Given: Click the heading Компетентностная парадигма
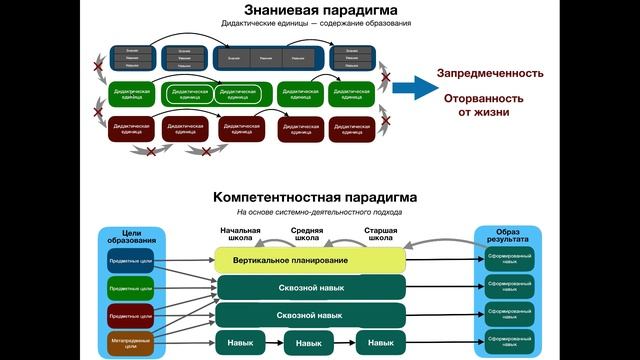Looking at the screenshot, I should (319, 197).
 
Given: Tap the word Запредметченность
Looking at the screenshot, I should (490, 73).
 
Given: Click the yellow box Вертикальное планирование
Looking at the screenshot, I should (310, 261).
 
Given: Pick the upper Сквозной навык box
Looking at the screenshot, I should (310, 288).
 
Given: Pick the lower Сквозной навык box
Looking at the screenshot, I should (310, 315).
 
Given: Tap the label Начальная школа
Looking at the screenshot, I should (240, 235).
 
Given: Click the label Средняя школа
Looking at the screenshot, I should (307, 235).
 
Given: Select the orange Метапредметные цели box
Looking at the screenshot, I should (130, 343).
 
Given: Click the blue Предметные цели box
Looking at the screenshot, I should (130, 260).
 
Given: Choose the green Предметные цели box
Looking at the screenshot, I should (130, 288).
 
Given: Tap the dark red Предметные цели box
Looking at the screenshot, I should (130, 316).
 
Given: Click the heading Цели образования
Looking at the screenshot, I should (131, 236).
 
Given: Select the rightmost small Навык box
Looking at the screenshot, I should (381, 343).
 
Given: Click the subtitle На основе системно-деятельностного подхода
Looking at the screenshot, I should (319, 212).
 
